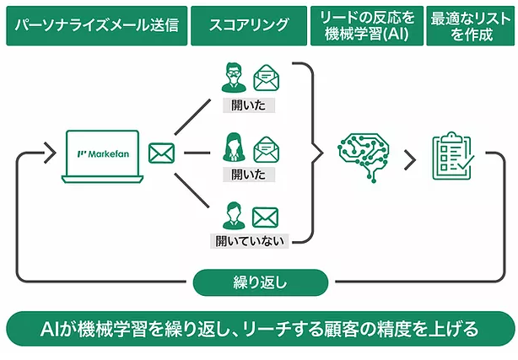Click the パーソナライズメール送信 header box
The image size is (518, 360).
tap(97, 25)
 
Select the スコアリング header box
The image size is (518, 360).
tap(249, 25)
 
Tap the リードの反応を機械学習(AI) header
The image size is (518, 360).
tap(367, 25)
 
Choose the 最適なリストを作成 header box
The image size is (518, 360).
tap(471, 25)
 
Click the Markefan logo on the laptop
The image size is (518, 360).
tap(103, 154)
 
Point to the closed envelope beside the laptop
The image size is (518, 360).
tap(161, 153)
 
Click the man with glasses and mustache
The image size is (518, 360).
tap(234, 78)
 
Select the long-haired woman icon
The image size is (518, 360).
tap(234, 148)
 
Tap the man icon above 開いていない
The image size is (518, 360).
tap(234, 216)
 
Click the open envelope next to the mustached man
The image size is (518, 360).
tap(267, 78)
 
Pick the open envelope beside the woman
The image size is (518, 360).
tap(267, 149)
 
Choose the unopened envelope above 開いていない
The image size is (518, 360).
tap(265, 218)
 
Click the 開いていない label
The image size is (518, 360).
tap(250, 241)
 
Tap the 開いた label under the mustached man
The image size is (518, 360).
tap(249, 105)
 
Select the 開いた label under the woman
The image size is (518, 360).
tap(249, 175)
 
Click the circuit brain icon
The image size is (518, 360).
tap(364, 157)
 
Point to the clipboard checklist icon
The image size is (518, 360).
tap(453, 156)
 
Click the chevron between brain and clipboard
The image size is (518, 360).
tap(410, 160)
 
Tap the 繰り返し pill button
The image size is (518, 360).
tap(261, 282)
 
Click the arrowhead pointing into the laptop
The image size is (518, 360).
tap(50, 153)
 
